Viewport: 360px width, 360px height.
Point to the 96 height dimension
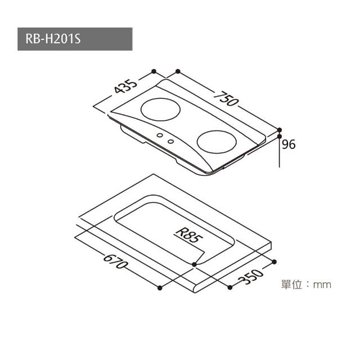tap(289, 145)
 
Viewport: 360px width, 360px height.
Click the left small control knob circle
tap(160, 135)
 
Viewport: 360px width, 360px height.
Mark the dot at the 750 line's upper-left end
tap(178, 71)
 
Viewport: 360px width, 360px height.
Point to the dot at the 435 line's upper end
tap(154, 71)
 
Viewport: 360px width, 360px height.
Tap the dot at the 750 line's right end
tap(280, 129)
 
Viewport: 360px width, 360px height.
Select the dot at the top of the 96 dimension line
tap(280, 136)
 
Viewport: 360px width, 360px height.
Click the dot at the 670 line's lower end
tap(160, 288)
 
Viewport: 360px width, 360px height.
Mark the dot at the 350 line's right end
tap(274, 261)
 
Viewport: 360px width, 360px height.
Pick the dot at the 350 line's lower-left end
tap(230, 287)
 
